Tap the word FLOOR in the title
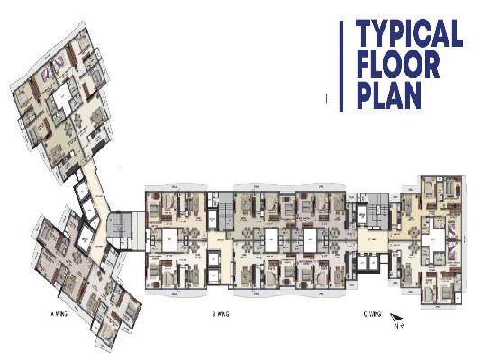pyautogui.click(x=396, y=66)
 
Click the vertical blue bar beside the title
pyautogui.click(x=341, y=66)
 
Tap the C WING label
pyautogui.click(x=371, y=315)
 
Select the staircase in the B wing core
pyautogui.click(x=224, y=217)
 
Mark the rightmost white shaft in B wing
pyautogui.click(x=309, y=241)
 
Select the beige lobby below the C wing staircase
pyautogui.click(x=372, y=241)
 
